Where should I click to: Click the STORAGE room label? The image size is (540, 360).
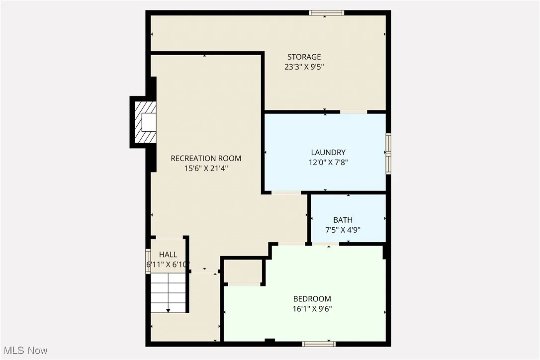[x=304, y=57]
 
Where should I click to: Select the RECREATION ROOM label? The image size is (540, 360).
[x=206, y=158]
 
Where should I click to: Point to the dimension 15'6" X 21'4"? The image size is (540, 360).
[x=206, y=168]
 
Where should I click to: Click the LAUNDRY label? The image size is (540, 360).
[x=328, y=152]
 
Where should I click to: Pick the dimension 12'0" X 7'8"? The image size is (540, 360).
[x=328, y=162]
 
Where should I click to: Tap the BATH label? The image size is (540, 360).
[x=343, y=220]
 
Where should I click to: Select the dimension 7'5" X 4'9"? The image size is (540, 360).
[x=343, y=230]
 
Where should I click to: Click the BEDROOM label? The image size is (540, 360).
[x=312, y=299]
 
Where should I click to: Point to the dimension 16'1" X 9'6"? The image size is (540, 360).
[x=312, y=309]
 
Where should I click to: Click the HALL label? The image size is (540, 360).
[x=168, y=255]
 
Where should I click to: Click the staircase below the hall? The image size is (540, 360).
[x=169, y=294]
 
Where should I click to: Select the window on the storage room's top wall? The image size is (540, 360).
[x=326, y=13]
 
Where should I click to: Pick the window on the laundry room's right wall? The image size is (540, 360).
[x=389, y=153]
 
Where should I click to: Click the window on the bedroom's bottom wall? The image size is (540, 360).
[x=318, y=343]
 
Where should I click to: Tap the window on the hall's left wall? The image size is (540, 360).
[x=148, y=261]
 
